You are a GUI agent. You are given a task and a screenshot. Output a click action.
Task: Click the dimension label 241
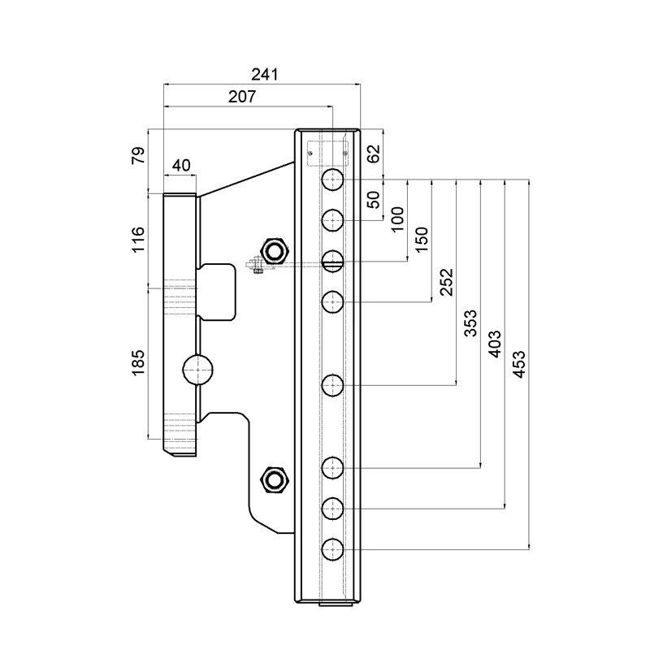tap(265, 75)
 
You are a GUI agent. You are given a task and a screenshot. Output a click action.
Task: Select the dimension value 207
tap(242, 97)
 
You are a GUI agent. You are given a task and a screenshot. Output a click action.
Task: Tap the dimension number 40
tap(181, 166)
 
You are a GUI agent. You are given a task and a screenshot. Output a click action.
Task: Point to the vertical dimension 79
tap(138, 155)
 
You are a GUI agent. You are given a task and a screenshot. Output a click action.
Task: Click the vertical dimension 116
tap(137, 239)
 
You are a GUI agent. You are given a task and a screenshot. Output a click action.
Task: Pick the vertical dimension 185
tap(137, 362)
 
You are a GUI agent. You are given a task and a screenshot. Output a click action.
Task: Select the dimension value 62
tap(373, 154)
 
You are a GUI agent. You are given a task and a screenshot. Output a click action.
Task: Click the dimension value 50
tap(373, 200)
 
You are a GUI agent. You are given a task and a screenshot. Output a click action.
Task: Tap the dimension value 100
tap(397, 219)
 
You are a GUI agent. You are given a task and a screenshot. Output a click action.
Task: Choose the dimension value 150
tap(421, 240)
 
